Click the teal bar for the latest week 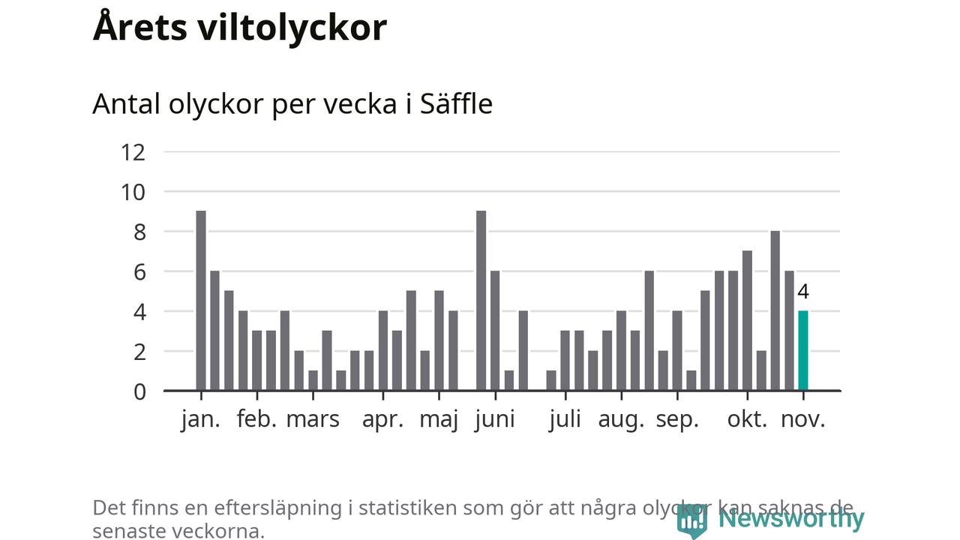click(802, 350)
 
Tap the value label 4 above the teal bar click(803, 292)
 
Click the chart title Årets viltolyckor click(240, 28)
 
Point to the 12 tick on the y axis click(133, 152)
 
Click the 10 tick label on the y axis click(133, 192)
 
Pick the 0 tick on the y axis click(139, 391)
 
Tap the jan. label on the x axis click(201, 419)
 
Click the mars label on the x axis click(313, 419)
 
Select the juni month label click(495, 419)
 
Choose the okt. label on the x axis click(748, 419)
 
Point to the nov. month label click(803, 419)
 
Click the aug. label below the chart click(621, 419)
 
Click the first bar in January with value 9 click(201, 300)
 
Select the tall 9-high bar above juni click(481, 300)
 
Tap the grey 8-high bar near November click(775, 310)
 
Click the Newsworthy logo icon click(691, 520)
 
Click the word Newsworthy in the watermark click(791, 518)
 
